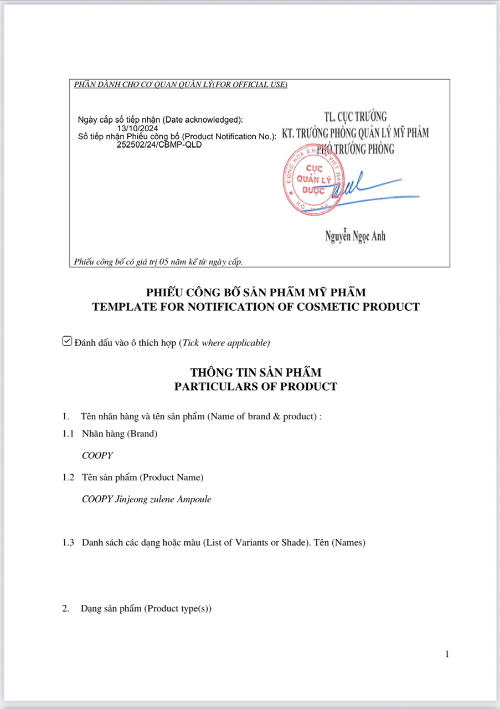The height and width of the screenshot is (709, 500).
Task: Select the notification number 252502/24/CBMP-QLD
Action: coord(159,145)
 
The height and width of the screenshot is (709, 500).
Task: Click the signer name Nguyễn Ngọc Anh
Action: coord(355,237)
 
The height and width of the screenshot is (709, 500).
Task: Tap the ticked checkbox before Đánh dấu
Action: coord(67,341)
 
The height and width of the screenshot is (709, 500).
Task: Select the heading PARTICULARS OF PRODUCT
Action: coord(255,387)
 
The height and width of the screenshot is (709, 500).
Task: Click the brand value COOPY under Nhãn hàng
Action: coord(97,455)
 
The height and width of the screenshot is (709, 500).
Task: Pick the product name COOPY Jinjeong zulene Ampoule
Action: coord(146,499)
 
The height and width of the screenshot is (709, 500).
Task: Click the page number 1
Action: coord(447,654)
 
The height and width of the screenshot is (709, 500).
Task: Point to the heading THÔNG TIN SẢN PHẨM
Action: coord(255,372)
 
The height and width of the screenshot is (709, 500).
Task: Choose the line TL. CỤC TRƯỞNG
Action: coord(355,117)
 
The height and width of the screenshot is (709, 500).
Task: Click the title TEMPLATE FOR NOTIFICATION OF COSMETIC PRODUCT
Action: coord(255,307)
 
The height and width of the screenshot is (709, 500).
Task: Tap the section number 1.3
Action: coord(68,543)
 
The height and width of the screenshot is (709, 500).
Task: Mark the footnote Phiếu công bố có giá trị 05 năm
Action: coord(158,261)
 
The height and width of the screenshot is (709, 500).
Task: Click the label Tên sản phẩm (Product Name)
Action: coord(142,477)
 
